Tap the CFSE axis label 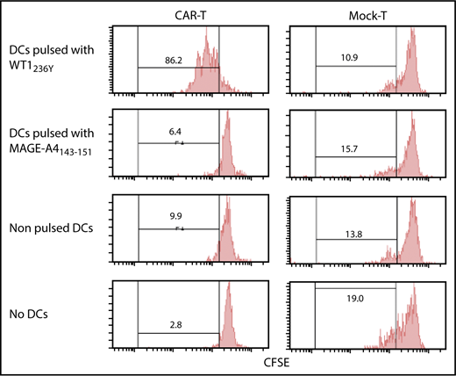(x=277, y=360)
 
